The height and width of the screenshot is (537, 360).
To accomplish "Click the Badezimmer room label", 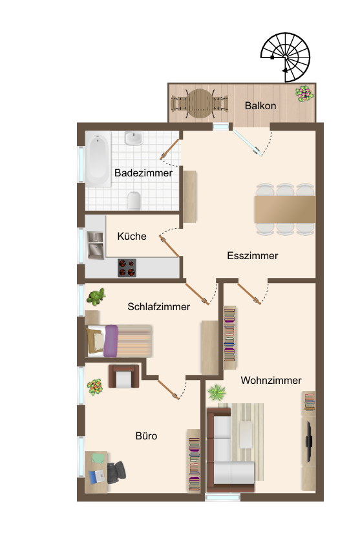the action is click(x=143, y=173).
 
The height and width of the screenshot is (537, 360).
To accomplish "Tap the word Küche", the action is click(x=132, y=236).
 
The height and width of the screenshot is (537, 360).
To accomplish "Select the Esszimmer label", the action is click(x=253, y=255).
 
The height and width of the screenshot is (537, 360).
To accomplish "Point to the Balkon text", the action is click(x=260, y=105).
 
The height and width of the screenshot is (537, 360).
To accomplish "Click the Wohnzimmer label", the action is click(x=271, y=380).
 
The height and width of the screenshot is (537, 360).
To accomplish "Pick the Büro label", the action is click(x=146, y=436).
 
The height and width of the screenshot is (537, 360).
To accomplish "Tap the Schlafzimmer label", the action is click(x=158, y=306).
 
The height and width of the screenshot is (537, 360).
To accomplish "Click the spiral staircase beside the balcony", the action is click(x=285, y=58).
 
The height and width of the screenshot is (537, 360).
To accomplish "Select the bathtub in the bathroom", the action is click(x=98, y=159).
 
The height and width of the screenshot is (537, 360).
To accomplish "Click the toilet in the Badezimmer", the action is click(x=134, y=201).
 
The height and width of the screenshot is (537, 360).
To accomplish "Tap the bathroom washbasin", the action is click(x=134, y=138).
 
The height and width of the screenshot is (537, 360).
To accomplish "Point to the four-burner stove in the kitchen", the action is click(x=127, y=268).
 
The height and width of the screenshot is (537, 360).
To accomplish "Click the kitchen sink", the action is click(x=96, y=245).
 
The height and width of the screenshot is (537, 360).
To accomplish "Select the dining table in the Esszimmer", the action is click(x=285, y=209).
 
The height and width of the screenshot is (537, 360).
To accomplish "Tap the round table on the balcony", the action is click(x=200, y=103).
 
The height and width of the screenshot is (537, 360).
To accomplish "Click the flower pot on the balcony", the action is click(x=304, y=94).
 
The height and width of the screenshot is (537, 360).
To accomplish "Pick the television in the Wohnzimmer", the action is click(x=309, y=441).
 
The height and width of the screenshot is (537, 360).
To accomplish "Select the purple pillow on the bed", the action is click(x=111, y=341).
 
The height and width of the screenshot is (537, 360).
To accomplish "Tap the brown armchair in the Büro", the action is click(x=123, y=376).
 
